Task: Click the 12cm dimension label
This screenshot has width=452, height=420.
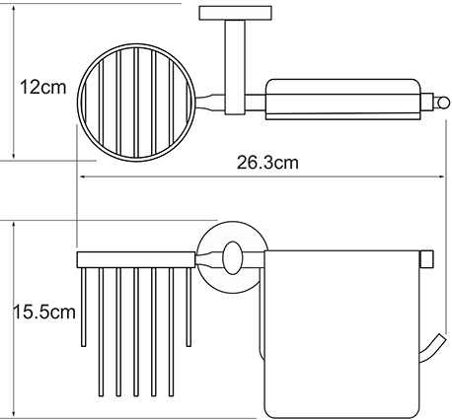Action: point(42,88)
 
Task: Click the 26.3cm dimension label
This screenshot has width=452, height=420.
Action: point(267,163)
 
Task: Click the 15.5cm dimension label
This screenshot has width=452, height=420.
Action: point(44,312)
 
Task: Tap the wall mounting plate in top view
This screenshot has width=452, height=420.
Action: point(235,13)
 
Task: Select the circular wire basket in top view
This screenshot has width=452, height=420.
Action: point(78,103)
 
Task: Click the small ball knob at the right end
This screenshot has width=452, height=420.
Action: point(443,103)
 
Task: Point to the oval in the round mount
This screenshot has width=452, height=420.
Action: point(232,258)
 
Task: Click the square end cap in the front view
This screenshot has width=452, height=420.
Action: point(427,258)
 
